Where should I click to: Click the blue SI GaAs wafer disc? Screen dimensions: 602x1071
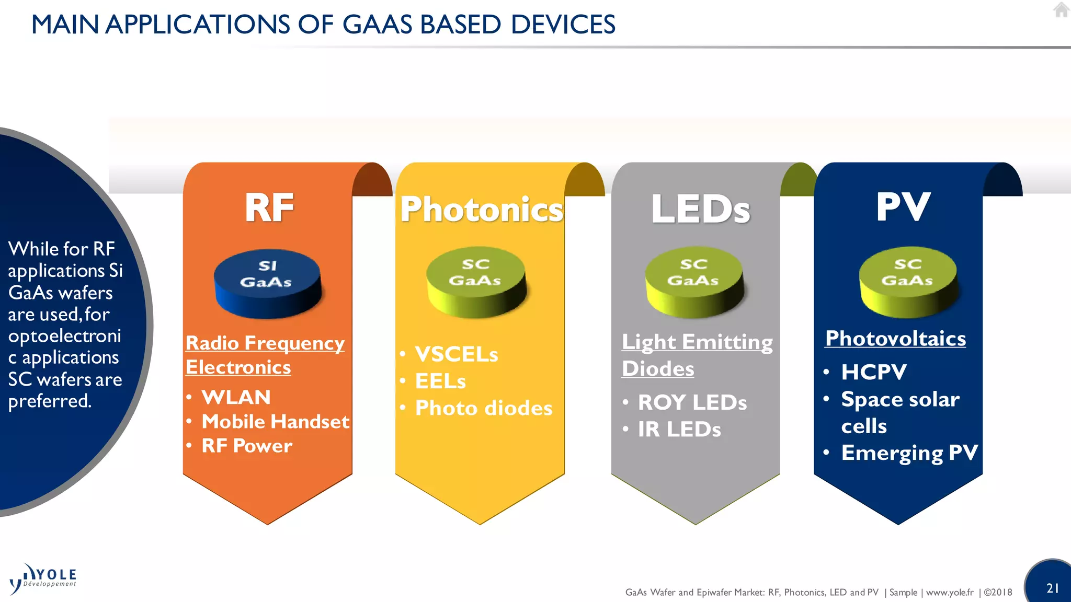point(267,283)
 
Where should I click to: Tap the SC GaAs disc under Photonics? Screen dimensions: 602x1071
point(475,281)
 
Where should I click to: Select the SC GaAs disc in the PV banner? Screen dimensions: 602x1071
point(908,281)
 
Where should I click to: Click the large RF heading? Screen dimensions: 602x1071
point(269,207)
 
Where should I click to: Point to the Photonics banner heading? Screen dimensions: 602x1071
point(481,210)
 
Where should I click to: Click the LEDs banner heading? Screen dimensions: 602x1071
point(700,209)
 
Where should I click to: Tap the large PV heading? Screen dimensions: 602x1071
point(903,207)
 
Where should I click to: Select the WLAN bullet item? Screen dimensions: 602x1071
point(236,397)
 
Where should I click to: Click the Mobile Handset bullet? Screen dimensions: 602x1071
point(275,421)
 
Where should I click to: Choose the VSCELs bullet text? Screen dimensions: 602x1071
point(456,354)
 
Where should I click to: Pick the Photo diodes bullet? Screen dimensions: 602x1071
point(483,408)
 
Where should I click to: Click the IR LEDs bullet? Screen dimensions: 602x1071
point(679,430)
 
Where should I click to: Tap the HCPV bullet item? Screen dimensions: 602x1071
point(873,372)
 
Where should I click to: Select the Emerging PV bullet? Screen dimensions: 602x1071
point(909,453)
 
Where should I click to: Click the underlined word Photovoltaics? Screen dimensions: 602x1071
point(895,339)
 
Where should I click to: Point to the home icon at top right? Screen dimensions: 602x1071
point(1061,10)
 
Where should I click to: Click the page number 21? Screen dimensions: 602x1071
point(1053,588)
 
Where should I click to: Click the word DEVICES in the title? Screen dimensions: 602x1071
point(563,25)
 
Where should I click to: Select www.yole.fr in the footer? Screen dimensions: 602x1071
point(949,592)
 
